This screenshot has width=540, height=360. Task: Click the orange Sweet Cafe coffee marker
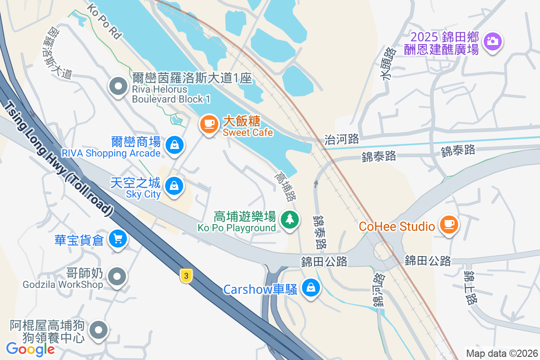click(x=208, y=124)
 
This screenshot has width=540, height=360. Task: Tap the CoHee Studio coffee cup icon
click(x=448, y=224)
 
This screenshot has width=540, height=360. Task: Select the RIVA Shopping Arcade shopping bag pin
click(x=174, y=145)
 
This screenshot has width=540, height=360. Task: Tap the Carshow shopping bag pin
click(x=310, y=287)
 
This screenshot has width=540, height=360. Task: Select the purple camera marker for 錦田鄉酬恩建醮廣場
click(x=493, y=42)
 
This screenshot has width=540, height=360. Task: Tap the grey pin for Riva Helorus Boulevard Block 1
click(x=118, y=86)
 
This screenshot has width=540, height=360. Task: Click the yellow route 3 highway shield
click(x=185, y=276)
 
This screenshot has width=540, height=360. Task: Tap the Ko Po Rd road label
click(x=104, y=21)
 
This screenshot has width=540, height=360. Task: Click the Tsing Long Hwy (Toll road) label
click(x=58, y=157)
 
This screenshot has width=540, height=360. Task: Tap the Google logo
click(x=30, y=349)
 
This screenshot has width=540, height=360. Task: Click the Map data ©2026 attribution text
click(x=502, y=353)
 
